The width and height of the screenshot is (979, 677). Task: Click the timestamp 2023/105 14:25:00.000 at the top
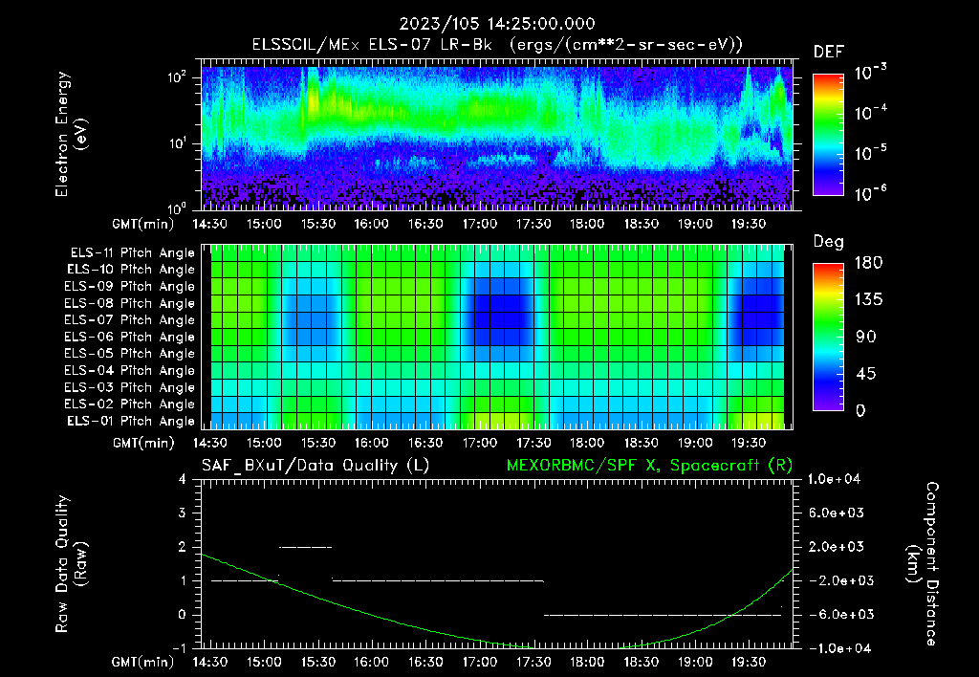(x=489, y=24)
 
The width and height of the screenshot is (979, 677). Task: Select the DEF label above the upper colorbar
(x=828, y=52)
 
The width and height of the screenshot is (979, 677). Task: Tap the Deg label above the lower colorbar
(x=828, y=242)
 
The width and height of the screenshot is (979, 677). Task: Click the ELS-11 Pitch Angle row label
(x=130, y=253)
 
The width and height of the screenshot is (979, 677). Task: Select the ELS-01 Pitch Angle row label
(x=130, y=422)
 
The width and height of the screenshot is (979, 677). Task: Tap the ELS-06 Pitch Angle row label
(x=130, y=338)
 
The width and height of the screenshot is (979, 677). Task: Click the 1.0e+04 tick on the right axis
(x=837, y=479)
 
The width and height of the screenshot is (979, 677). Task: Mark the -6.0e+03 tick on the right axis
(x=837, y=614)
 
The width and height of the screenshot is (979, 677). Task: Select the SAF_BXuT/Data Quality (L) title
(x=315, y=465)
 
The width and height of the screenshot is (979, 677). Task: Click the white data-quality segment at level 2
(x=305, y=547)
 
